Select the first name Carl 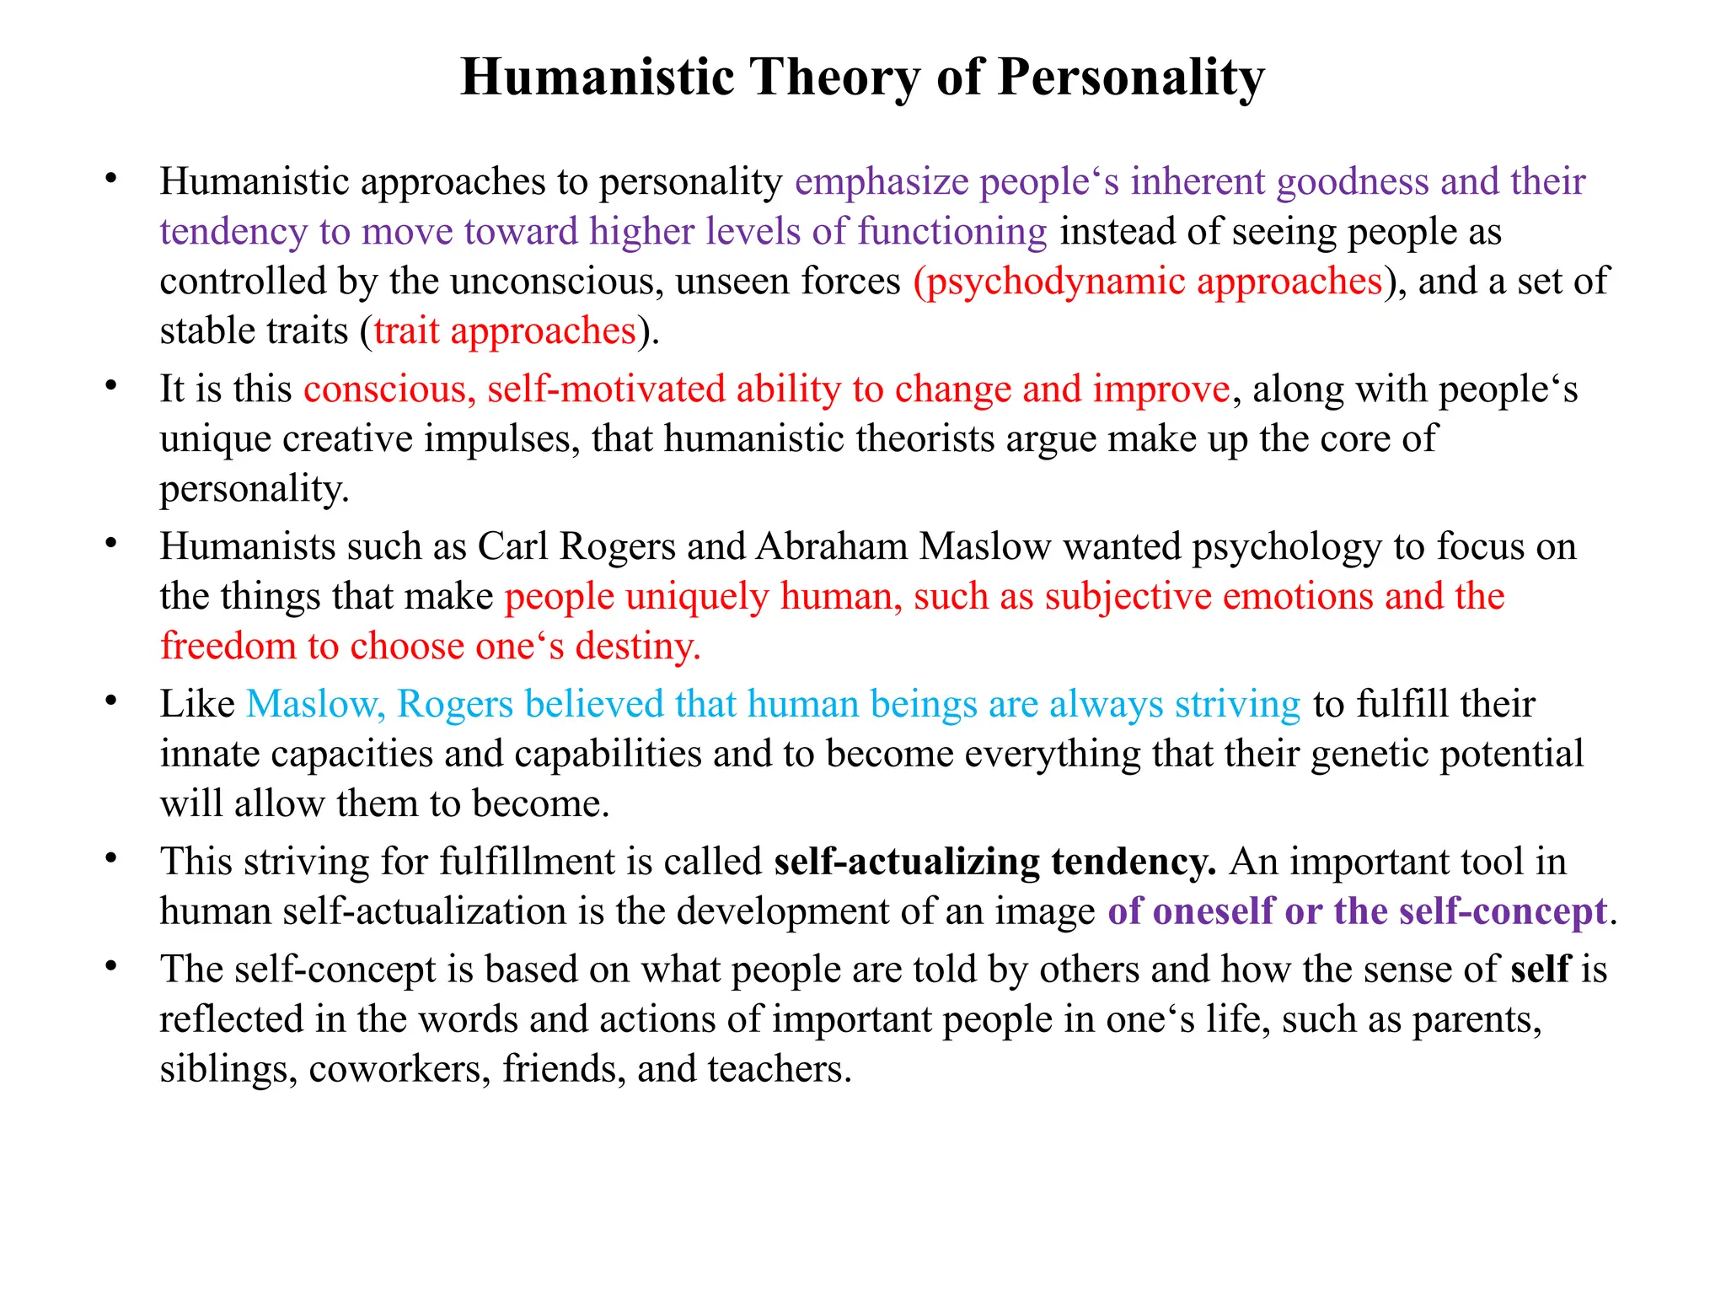pos(513,546)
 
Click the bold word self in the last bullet pos(1541,969)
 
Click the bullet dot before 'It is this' pos(110,386)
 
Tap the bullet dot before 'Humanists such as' pos(110,544)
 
